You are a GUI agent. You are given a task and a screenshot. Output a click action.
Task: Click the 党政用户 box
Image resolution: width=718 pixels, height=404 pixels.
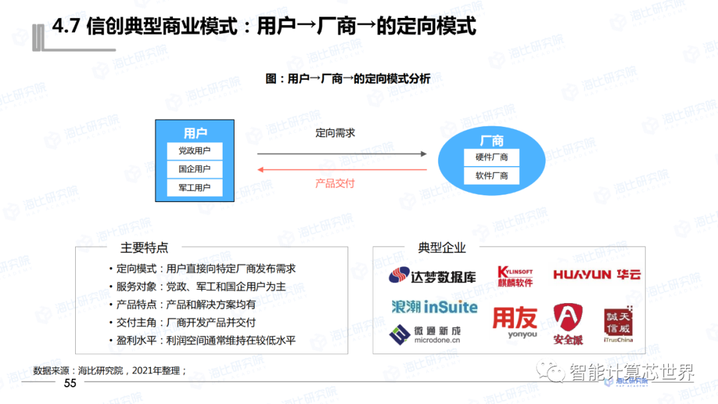(x=194, y=151)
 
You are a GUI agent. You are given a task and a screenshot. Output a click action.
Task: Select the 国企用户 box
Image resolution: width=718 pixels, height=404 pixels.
(x=194, y=169)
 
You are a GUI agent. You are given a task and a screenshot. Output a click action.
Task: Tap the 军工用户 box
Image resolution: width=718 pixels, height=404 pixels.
(x=194, y=188)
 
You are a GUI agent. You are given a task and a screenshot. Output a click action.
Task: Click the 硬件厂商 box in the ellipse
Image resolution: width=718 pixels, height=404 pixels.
(x=491, y=158)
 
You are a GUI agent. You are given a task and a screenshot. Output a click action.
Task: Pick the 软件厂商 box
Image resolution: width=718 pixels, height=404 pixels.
(x=491, y=176)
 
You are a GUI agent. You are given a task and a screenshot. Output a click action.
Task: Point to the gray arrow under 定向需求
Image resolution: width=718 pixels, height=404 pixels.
(x=342, y=153)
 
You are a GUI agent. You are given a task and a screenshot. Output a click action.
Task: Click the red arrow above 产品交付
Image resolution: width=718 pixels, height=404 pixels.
(x=342, y=169)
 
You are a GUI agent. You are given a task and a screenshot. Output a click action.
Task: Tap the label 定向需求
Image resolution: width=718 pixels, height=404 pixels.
(x=335, y=133)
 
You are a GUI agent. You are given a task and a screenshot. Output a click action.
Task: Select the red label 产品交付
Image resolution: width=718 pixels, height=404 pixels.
(x=335, y=183)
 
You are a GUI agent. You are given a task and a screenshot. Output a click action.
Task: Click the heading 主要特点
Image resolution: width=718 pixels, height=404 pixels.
(x=144, y=248)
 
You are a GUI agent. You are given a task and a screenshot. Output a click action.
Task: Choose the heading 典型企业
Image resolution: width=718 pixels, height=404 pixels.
(x=442, y=248)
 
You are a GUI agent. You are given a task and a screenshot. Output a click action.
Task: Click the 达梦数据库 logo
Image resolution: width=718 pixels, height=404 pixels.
(x=433, y=276)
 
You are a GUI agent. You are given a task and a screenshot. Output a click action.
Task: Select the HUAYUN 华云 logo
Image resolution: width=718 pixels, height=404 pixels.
(x=596, y=274)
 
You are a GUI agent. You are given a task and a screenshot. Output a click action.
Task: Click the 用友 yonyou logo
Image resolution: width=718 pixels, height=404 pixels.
(x=515, y=322)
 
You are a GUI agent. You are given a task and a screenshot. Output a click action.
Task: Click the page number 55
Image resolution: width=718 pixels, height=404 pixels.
(x=70, y=383)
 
